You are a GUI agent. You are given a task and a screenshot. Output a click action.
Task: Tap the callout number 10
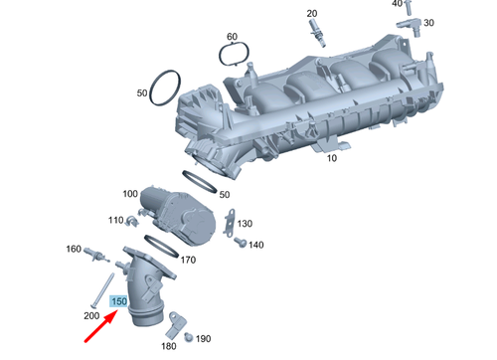tap(332, 158)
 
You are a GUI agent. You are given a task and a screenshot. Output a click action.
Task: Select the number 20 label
tap(312, 13)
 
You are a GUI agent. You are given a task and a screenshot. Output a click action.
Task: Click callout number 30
tap(428, 22)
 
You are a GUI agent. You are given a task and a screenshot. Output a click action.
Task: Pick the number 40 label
tap(398, 4)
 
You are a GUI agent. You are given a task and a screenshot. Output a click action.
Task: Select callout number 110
tap(116, 220)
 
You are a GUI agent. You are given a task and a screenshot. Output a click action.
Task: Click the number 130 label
tap(246, 224)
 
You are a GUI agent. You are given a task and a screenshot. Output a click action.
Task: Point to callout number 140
tap(255, 245)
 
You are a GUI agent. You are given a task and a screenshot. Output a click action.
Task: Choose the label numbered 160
tap(73, 249)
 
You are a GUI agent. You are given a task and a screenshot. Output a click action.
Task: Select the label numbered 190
tap(204, 339)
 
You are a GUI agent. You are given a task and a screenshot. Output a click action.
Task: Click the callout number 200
tap(91, 315)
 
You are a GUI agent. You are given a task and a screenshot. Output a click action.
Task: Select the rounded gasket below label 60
tap(231, 57)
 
